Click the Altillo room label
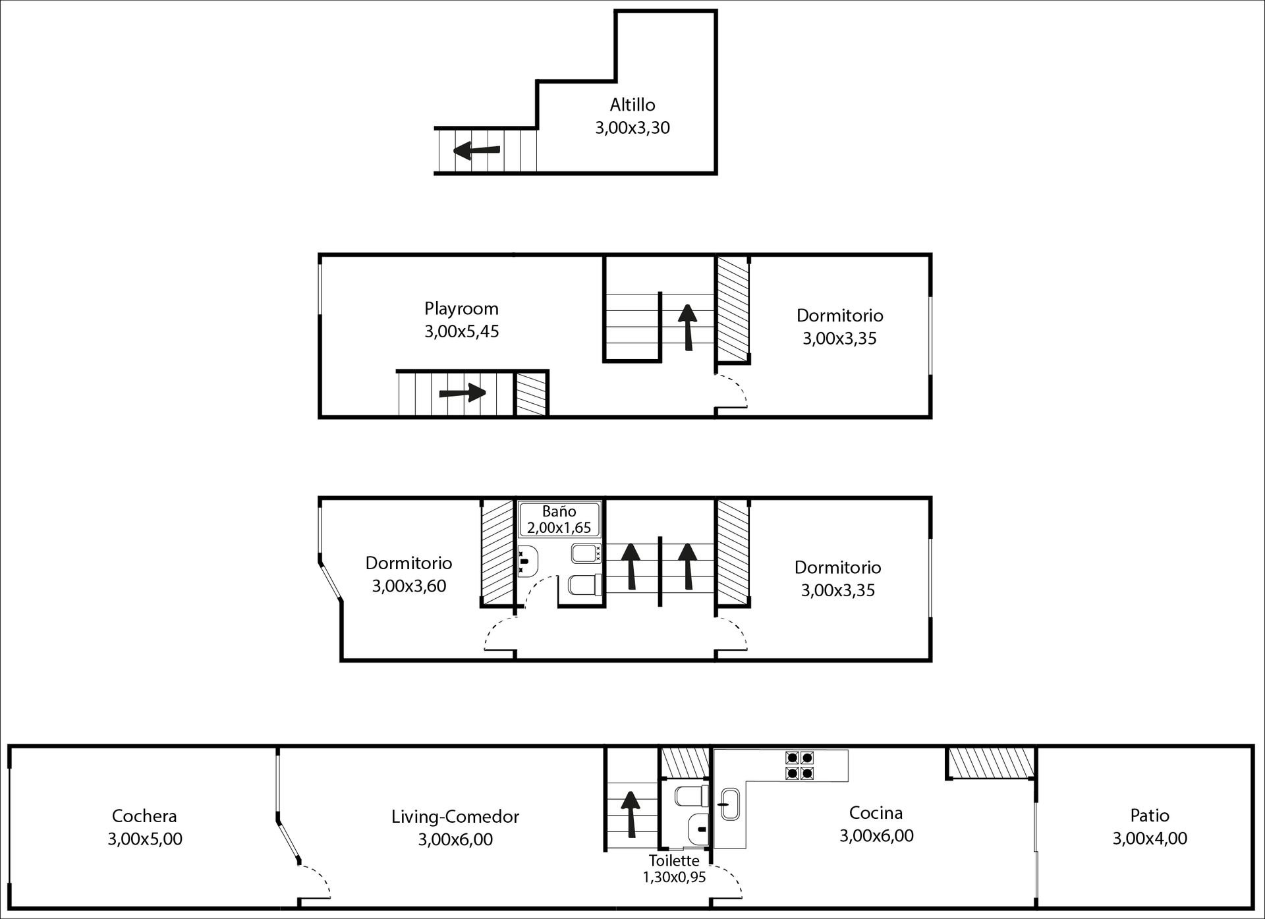632,105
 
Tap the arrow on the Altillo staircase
477,151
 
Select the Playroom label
461,308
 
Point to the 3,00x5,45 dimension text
461,331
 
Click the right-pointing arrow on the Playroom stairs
463,393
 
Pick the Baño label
559,511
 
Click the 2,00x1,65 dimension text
559,528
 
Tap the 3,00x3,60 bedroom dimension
408,586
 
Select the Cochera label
144,816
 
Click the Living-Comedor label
455,817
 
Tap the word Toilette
674,860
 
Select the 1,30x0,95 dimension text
674,877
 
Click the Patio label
1150,816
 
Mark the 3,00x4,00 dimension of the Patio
1150,839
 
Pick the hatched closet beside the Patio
991,762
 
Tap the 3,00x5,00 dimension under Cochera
144,839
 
